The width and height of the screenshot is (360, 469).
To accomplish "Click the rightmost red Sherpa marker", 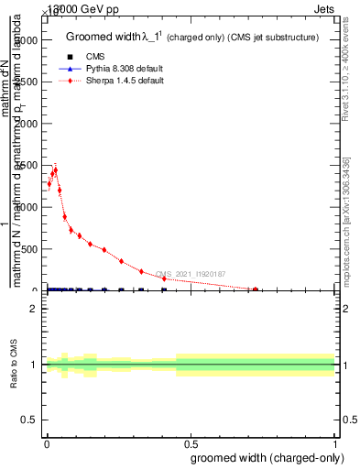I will pos(256,289).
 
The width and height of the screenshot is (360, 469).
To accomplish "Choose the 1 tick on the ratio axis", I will pos(35,365).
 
